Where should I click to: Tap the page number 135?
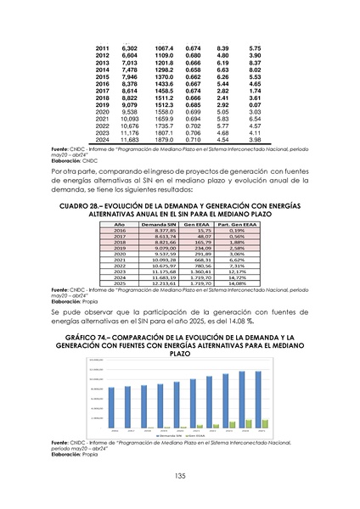[x=180, y=475]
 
